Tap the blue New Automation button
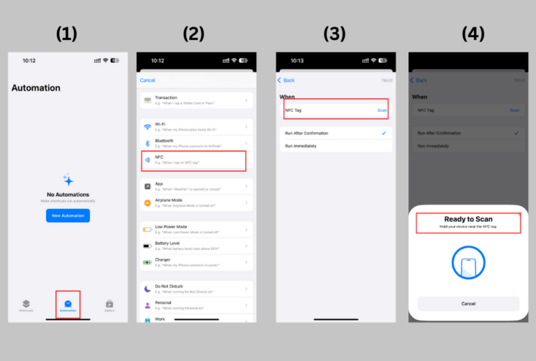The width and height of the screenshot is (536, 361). pyautogui.click(x=68, y=215)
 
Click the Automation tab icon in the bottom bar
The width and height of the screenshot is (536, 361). pyautogui.click(x=68, y=304)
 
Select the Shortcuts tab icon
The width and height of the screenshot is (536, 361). pyautogui.click(x=26, y=304)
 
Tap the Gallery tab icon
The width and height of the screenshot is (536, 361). pyautogui.click(x=110, y=304)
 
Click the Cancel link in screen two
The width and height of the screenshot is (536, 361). pyautogui.click(x=148, y=80)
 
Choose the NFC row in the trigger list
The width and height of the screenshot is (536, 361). pyautogui.click(x=194, y=161)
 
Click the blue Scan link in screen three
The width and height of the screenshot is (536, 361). pyautogui.click(x=382, y=110)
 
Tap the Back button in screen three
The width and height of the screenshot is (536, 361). pyautogui.click(x=287, y=80)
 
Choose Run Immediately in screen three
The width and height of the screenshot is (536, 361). pyautogui.click(x=301, y=146)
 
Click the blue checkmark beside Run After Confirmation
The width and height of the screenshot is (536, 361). pyautogui.click(x=384, y=133)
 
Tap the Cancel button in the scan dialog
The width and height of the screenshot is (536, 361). pyautogui.click(x=468, y=304)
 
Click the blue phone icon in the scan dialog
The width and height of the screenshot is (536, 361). pyautogui.click(x=468, y=266)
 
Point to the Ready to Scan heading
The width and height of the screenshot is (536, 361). pyautogui.click(x=468, y=219)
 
